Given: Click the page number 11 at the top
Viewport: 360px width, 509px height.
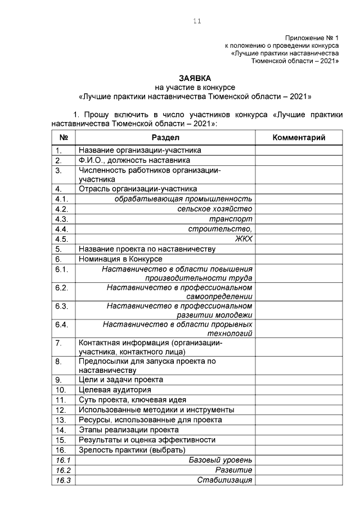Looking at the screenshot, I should tap(196, 21).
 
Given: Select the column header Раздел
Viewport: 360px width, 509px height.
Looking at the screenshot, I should tap(165, 138).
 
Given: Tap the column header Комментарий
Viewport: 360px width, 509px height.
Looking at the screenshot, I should tap(299, 138).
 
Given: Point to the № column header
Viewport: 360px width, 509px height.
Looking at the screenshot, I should tap(64, 138).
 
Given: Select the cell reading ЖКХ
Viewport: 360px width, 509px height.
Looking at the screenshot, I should tap(244, 239).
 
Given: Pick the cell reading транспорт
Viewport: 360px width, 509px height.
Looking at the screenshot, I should tap(231, 219).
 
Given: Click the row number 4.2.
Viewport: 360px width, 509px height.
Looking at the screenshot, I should tap(61, 209).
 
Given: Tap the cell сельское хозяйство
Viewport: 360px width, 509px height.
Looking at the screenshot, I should tap(215, 209).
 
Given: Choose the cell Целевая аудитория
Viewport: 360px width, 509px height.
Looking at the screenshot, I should tap(115, 390).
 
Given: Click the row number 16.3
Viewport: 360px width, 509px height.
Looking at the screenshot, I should tap(62, 480).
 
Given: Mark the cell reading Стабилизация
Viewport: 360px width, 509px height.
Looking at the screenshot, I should tap(224, 480).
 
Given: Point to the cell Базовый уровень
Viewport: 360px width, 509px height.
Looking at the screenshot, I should tap(220, 460).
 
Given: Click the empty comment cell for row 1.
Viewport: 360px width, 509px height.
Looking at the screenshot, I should tap(299, 151).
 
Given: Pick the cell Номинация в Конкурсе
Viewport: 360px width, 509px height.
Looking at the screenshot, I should tap(120, 259).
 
